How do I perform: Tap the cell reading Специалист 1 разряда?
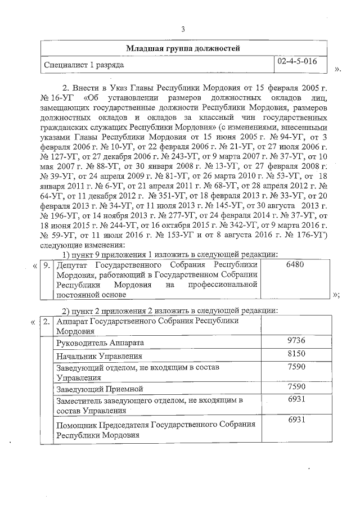coord(84,65)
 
